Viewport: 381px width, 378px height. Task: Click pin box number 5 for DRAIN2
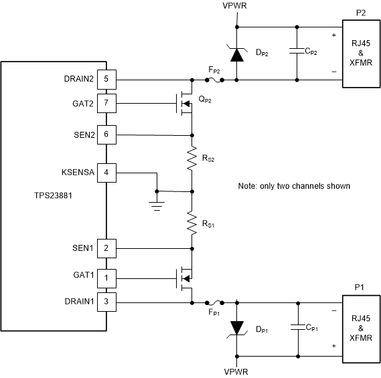[x=106, y=79]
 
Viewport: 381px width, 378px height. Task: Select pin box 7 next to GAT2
[x=106, y=104]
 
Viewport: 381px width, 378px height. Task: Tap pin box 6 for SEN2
[x=106, y=134]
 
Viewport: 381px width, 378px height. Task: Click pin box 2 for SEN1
[x=106, y=249]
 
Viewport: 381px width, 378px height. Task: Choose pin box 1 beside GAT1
[x=106, y=276]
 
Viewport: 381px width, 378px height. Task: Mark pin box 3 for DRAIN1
[x=106, y=301]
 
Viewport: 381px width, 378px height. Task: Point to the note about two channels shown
[x=294, y=185]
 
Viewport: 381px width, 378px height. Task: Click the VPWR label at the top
[x=236, y=7]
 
